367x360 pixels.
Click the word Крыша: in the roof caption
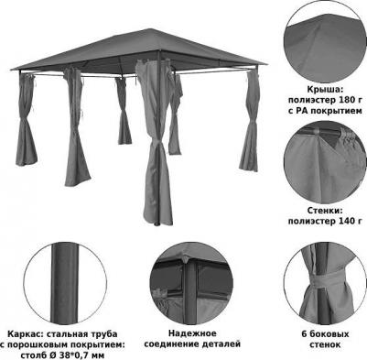coord(325,90)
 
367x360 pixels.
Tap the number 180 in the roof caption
coord(339,100)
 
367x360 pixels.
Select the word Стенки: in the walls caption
coord(325,211)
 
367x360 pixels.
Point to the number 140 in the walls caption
coord(343,221)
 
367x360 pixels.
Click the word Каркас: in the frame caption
coord(22,334)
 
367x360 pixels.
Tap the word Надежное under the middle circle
coord(192,333)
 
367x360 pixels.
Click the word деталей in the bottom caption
coord(221,344)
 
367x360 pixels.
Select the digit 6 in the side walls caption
coord(304,334)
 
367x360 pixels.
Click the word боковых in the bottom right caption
coord(329,334)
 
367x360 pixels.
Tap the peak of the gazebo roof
coord(150,29)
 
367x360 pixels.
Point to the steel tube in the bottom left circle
coord(64,283)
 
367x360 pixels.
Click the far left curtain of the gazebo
coord(26,120)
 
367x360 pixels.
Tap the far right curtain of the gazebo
coord(250,121)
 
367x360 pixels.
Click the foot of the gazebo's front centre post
coord(157,224)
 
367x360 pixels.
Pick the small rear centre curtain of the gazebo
coord(124,111)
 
